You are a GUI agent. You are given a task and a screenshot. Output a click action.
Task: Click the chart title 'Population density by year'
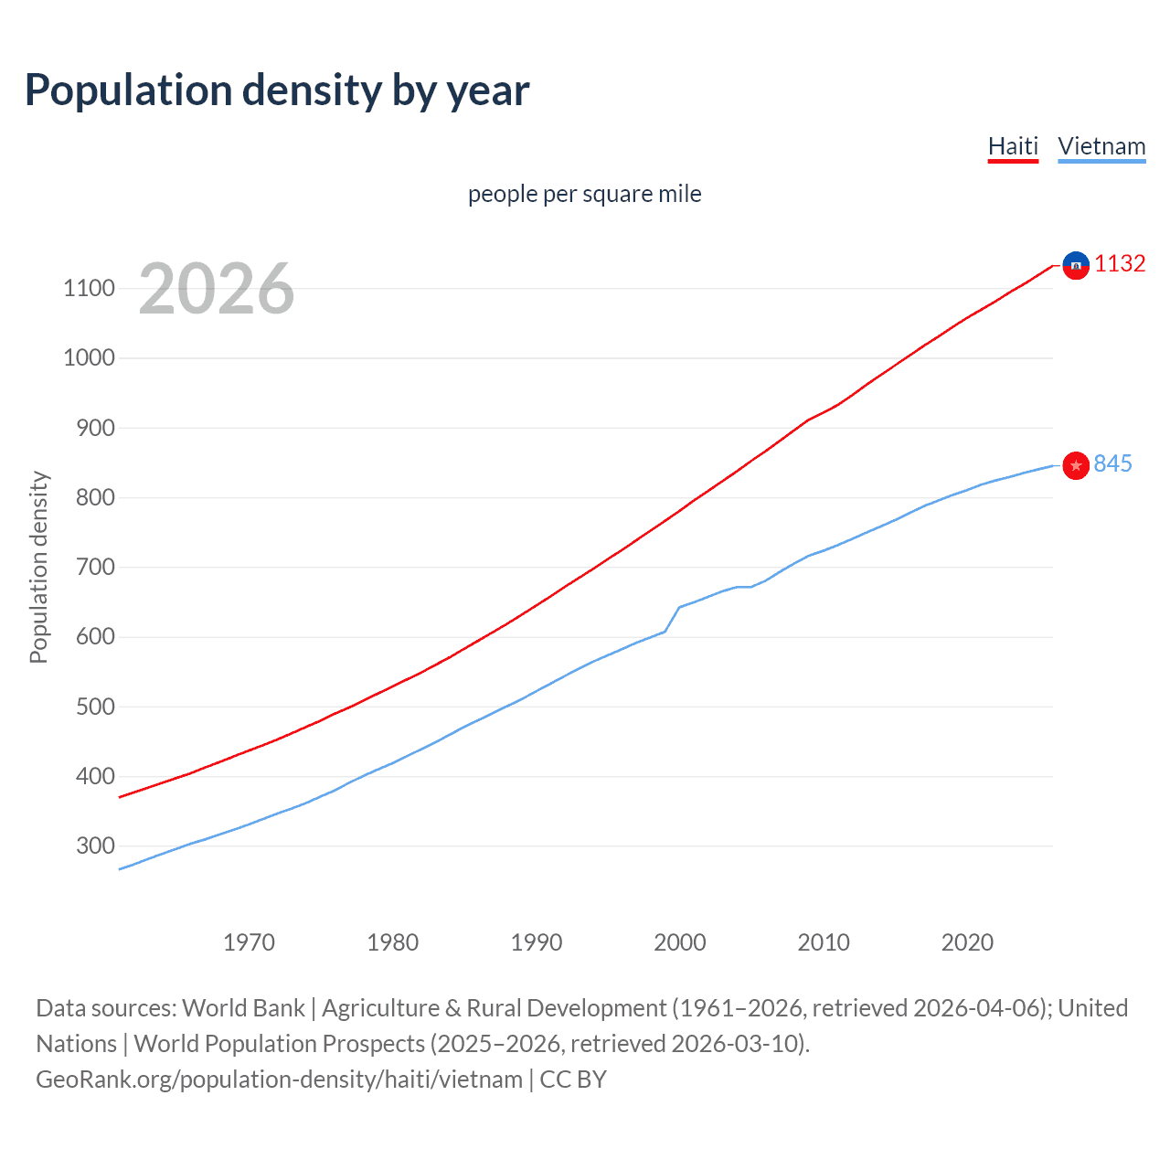coord(277,90)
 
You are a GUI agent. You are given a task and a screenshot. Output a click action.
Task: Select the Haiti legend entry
coord(1013,146)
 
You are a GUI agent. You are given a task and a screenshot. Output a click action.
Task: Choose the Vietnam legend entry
coord(1101,146)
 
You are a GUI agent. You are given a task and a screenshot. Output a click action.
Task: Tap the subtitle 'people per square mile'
coord(584,194)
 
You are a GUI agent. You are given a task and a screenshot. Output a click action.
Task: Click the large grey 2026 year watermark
coord(217,289)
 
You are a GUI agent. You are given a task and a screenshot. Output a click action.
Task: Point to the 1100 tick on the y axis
coord(89,289)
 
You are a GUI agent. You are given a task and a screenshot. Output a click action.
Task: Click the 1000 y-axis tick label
coord(89,358)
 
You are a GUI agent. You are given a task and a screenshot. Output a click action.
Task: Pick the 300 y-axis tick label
coord(94,846)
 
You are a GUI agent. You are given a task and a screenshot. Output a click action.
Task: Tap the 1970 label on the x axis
coord(249,942)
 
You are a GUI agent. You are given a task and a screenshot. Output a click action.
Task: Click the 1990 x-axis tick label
coord(537,942)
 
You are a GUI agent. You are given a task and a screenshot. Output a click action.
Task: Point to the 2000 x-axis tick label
coord(680,942)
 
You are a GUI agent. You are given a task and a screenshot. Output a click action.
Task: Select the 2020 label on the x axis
coord(967,942)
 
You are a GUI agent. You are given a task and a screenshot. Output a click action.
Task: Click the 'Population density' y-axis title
coord(38,567)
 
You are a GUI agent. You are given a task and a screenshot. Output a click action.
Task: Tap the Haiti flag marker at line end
coord(1076,265)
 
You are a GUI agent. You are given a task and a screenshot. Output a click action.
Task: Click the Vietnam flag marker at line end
coord(1076,466)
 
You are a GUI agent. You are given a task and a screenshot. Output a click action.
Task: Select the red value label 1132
coord(1120,264)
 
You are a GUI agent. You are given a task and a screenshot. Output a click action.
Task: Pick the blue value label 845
coord(1112,464)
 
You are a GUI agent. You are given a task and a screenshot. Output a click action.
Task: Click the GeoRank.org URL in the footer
coord(279,1080)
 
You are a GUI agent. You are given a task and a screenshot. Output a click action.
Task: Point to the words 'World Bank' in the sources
coord(243,1008)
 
